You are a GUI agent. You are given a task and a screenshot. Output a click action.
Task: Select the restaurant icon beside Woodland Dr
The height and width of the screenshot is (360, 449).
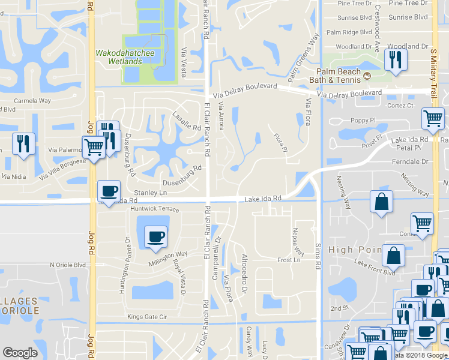point(395,60)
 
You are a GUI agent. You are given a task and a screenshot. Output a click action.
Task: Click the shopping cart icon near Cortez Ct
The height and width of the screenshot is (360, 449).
point(432,119)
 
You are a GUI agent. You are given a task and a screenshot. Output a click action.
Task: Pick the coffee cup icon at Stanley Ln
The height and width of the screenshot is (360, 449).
point(109,191)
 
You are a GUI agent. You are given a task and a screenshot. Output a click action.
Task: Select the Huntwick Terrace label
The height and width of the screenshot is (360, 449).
point(154,209)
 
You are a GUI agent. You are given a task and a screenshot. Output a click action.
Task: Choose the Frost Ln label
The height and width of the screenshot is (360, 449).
point(289,260)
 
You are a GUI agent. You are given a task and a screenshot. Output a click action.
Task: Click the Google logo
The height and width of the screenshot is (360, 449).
point(20,353)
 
